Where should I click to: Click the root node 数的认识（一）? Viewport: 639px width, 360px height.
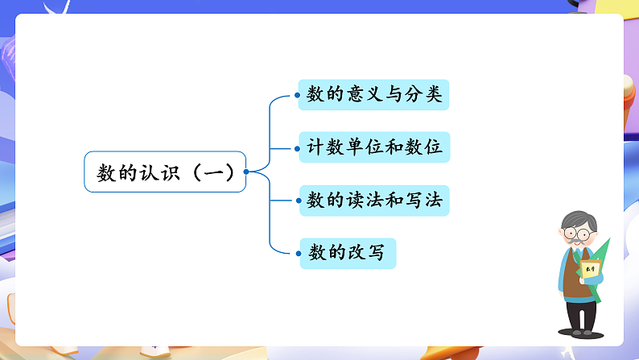tap(165, 172)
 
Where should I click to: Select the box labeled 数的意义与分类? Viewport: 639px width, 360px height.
tap(373, 95)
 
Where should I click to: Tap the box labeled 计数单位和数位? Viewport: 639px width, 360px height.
tap(373, 148)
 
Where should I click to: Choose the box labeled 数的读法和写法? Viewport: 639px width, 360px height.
tap(373, 201)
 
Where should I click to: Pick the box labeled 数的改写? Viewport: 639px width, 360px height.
tap(348, 254)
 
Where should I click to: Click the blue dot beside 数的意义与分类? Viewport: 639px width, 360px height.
tap(298, 95)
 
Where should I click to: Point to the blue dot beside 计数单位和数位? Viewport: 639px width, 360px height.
tap(298, 148)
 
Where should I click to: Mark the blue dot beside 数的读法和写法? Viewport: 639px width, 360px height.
tap(298, 201)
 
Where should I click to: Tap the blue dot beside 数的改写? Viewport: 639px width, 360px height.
tap(298, 254)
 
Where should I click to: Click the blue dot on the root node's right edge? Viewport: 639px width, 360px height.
tap(245, 172)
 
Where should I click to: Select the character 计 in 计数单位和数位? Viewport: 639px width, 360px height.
tap(315, 148)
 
